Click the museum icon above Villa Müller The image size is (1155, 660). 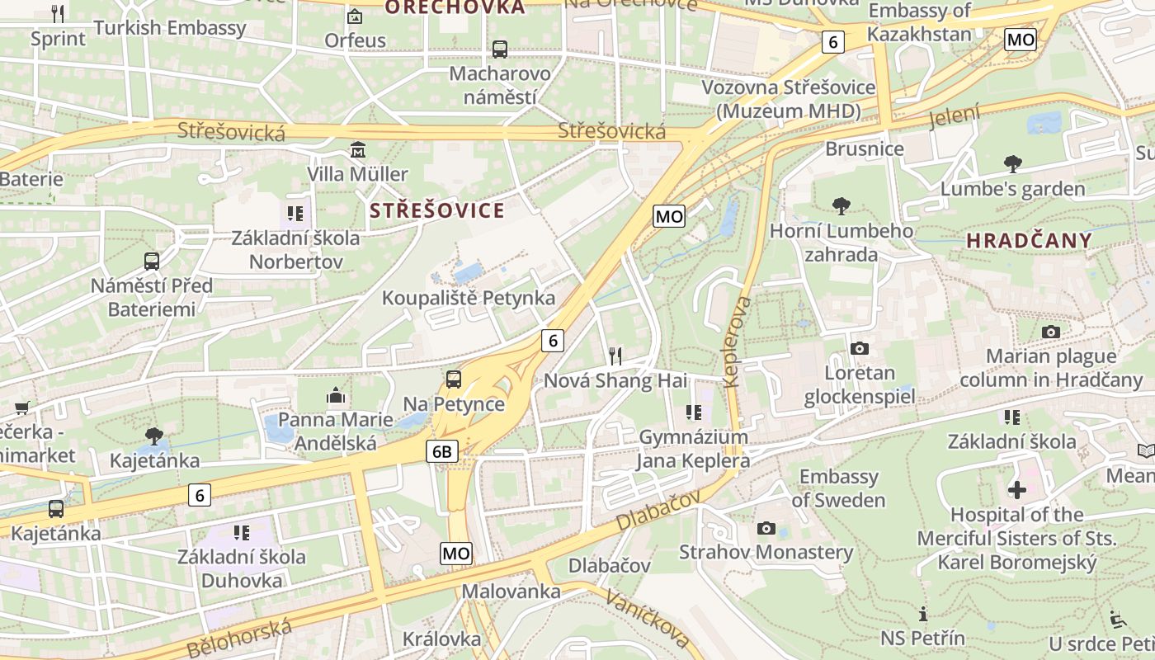coord(358,150)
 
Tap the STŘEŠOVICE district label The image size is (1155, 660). coord(436,210)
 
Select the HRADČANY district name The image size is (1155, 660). coord(1029,241)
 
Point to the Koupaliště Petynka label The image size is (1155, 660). coord(468,298)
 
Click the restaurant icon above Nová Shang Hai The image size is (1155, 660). coord(615,356)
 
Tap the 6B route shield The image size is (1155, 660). coord(442,451)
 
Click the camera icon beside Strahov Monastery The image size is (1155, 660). coord(766,528)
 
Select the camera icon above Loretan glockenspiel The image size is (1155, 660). coord(860,349)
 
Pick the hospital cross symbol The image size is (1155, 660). coord(1016,490)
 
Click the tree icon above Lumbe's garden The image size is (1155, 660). coord(1012,164)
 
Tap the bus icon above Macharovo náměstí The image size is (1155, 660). coord(500,49)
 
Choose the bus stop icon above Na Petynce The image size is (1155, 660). coord(454,379)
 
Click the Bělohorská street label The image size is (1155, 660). coord(240,639)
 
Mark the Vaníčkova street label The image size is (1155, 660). coord(648,620)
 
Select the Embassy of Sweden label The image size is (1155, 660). coord(838,488)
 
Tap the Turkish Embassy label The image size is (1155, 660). coord(170,28)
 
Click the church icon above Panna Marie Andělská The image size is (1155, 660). coord(335,395)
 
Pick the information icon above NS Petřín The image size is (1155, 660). coord(922,614)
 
